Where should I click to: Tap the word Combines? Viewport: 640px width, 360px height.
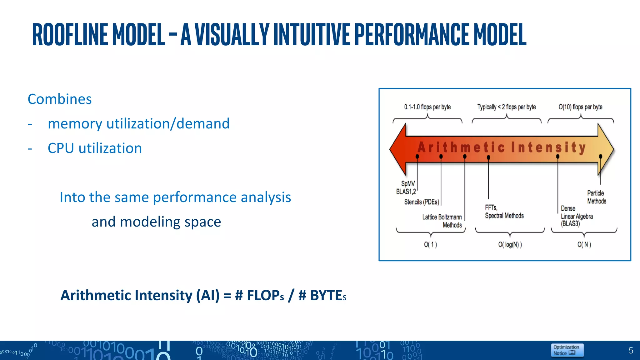[x=59, y=99]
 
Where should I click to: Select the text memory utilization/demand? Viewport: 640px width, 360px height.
[x=138, y=124]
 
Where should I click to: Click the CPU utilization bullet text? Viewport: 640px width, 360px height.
[x=95, y=148]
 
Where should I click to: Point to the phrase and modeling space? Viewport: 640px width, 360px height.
[x=156, y=222]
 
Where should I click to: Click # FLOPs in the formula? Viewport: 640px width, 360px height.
[x=259, y=295]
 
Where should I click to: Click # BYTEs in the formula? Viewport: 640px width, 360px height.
[x=322, y=295]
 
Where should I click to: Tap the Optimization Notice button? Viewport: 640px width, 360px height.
[x=567, y=350]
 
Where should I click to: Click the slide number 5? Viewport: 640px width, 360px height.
[x=631, y=351]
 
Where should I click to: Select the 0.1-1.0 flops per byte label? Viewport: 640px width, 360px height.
[x=427, y=107]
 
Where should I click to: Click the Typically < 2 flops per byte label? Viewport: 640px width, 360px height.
[x=506, y=107]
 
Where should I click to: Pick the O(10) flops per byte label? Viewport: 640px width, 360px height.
[x=580, y=107]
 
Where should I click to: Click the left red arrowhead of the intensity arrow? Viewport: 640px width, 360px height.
[x=398, y=149]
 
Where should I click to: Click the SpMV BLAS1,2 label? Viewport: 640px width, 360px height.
[x=407, y=187]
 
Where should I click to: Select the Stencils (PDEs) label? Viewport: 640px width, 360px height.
[x=421, y=202]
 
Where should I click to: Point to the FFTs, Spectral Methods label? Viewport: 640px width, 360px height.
[x=504, y=212]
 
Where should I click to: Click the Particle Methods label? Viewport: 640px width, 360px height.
[x=596, y=197]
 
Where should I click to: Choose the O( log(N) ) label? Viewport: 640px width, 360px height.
[x=510, y=245]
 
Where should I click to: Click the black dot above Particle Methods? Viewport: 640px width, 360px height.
[x=600, y=156]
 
